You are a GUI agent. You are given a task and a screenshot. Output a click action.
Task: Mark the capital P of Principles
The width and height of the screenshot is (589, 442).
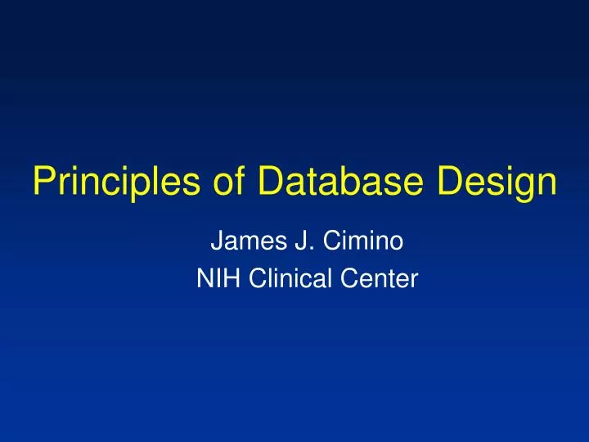coord(44,182)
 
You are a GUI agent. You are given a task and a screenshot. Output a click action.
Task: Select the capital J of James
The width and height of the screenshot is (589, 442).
coord(218,242)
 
